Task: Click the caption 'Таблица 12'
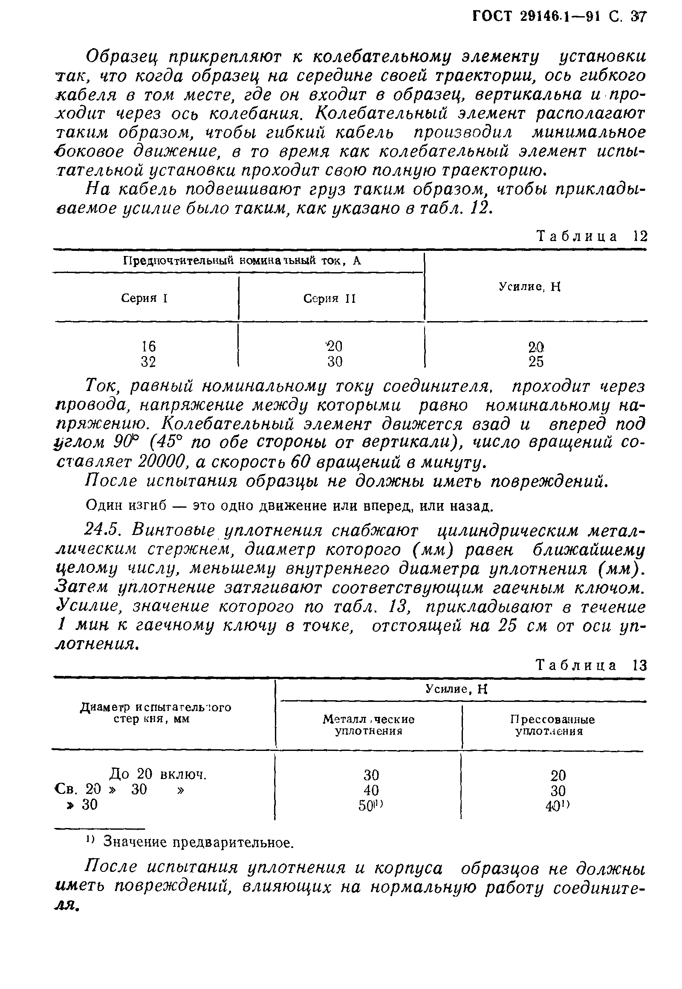pos(591,236)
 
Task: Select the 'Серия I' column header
pos(144,298)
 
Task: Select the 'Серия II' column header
pos(329,299)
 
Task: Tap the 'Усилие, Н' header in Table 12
pos(529,287)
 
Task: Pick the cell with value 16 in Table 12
pos(148,345)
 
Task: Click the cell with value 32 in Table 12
pos(148,362)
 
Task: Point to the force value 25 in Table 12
pos(536,362)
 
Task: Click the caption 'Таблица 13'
pos(591,665)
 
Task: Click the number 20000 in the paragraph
pos(162,462)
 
